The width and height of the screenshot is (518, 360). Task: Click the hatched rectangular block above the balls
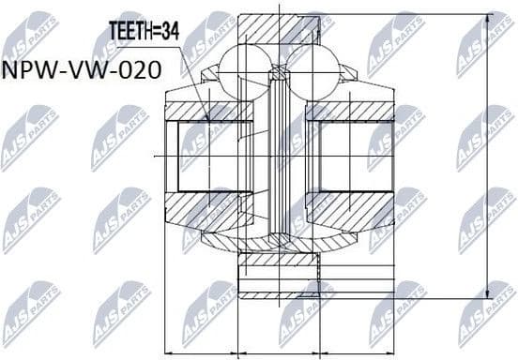click(x=278, y=28)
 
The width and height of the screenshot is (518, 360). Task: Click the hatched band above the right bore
click(x=351, y=111)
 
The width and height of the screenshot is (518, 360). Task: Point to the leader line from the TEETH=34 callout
click(x=187, y=75)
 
